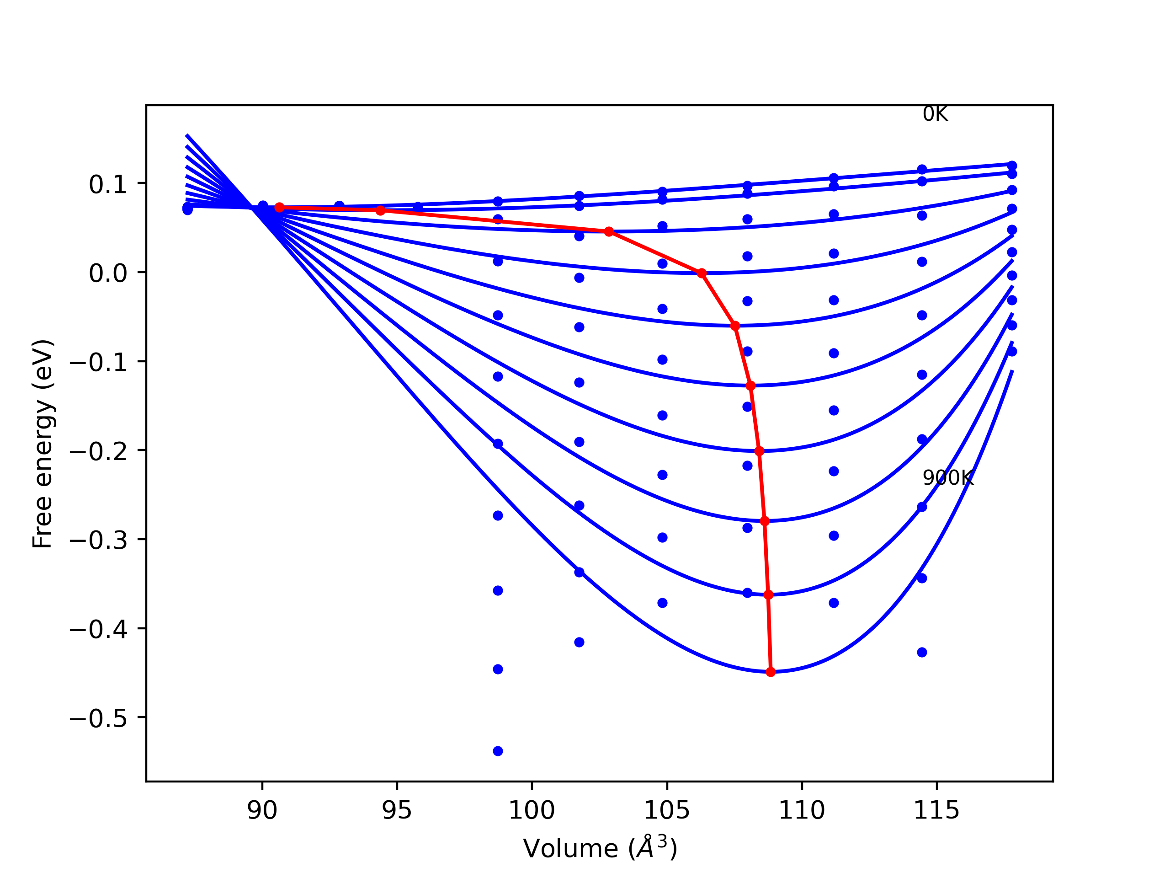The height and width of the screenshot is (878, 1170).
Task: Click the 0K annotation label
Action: (x=935, y=114)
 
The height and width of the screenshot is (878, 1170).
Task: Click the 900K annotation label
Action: (x=947, y=478)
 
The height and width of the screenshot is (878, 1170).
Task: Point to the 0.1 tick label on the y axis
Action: (x=108, y=185)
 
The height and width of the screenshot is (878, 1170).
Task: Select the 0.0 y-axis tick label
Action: (x=108, y=273)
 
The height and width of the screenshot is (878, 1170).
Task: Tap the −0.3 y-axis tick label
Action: (x=98, y=541)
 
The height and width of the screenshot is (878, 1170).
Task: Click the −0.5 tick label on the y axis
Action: (x=98, y=719)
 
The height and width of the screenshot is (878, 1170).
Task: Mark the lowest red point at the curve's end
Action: (x=771, y=672)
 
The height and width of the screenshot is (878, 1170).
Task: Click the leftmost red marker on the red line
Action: (x=279, y=208)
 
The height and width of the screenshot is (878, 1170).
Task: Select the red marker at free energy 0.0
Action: (x=702, y=273)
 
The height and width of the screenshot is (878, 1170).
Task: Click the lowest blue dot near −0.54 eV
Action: (x=498, y=751)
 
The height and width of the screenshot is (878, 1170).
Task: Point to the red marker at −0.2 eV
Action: (x=759, y=451)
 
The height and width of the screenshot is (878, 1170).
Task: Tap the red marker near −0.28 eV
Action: (x=764, y=521)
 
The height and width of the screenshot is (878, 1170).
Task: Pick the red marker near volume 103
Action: (x=609, y=231)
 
